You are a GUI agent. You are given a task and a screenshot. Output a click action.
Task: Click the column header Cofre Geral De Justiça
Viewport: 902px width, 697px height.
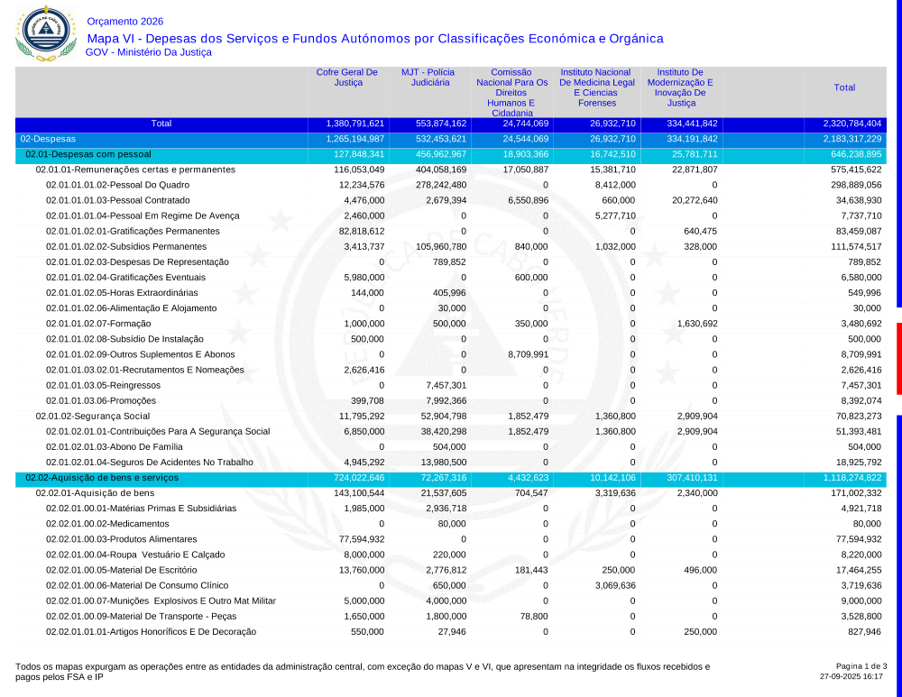pos(347,78)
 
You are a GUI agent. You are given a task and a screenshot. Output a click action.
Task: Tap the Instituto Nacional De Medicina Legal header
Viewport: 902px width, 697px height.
pos(595,87)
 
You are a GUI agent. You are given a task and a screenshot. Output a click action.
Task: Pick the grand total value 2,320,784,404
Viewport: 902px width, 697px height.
pos(851,124)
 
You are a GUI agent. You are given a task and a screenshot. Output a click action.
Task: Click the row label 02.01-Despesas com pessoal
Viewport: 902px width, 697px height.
pos(88,154)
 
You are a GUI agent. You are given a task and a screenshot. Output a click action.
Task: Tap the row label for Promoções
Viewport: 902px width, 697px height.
pos(101,400)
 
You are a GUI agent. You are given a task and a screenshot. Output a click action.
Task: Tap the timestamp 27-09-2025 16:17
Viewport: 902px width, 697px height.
pos(851,676)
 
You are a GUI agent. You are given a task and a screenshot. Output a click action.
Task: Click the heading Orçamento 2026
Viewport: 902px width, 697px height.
pos(125,22)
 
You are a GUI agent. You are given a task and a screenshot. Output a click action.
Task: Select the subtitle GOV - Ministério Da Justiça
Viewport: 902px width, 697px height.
pos(148,52)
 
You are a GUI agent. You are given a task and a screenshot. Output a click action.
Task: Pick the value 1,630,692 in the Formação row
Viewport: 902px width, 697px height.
pos(694,324)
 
